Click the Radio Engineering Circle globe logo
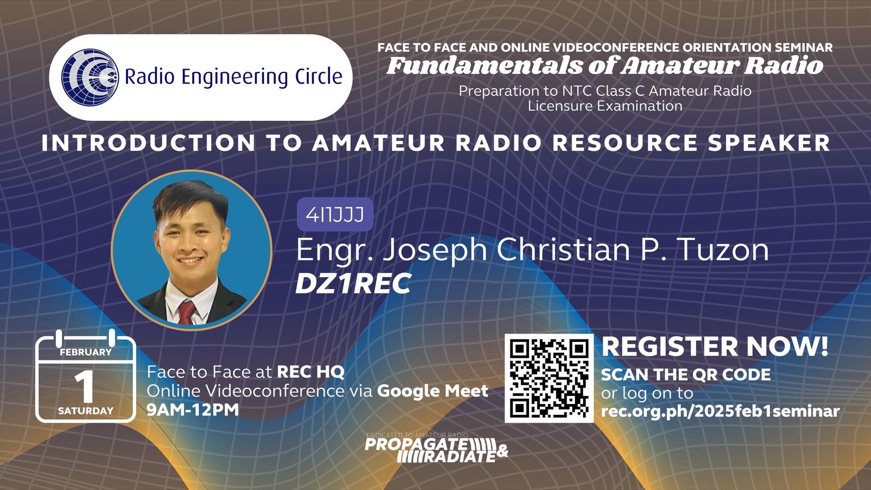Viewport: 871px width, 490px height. pyautogui.click(x=90, y=77)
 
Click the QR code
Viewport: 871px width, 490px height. pyautogui.click(x=549, y=378)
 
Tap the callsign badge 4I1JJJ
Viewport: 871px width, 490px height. pyautogui.click(x=335, y=215)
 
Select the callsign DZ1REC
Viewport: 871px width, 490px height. pyautogui.click(x=353, y=284)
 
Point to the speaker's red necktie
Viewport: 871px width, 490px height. pyautogui.click(x=187, y=312)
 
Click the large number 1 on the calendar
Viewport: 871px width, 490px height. pyautogui.click(x=84, y=387)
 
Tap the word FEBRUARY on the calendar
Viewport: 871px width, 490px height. pyautogui.click(x=85, y=352)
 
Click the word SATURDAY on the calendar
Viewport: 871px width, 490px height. pyautogui.click(x=85, y=411)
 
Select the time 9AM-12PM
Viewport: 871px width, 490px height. pyautogui.click(x=193, y=409)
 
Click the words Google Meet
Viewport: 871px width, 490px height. pyautogui.click(x=432, y=391)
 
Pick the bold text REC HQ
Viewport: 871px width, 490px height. pyautogui.click(x=310, y=372)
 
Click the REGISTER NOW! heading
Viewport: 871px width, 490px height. pyautogui.click(x=715, y=347)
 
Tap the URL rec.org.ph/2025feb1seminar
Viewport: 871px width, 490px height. pyautogui.click(x=720, y=411)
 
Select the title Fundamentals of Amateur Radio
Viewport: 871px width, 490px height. pyautogui.click(x=605, y=66)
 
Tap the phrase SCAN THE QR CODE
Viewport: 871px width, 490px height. pyautogui.click(x=685, y=375)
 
